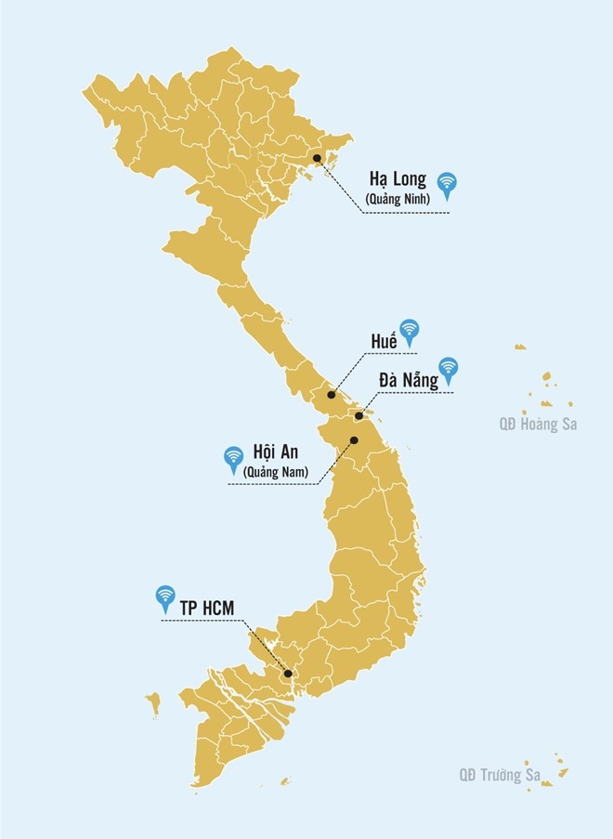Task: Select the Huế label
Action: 381,340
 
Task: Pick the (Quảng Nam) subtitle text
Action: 275,472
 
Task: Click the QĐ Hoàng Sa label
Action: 536,425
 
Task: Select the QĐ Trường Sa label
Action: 500,773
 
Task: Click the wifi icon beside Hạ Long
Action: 448,184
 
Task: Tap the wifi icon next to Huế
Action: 409,330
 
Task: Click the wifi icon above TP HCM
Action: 165,596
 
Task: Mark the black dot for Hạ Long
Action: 317,159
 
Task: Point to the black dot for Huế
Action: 332,395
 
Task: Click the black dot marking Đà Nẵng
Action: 359,415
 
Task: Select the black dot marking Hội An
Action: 354,439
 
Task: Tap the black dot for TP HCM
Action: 288,674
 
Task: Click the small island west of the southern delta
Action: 153,701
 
